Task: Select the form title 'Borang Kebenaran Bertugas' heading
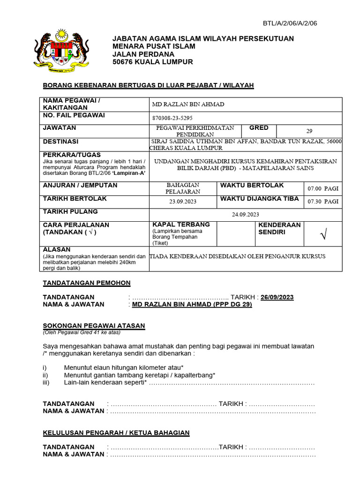coord(148,85)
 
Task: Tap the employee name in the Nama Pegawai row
coord(188,105)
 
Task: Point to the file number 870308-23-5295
coord(172,118)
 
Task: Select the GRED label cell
coord(259,128)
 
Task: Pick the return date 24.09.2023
coord(246,214)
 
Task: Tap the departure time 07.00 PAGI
coord(322,189)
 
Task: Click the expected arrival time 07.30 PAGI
coord(322,202)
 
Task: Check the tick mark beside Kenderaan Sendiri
coord(323,235)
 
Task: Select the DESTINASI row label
coord(60,142)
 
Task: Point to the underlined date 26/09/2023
coord(277,297)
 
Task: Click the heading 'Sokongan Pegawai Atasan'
coord(94,326)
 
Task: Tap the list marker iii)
coord(45,383)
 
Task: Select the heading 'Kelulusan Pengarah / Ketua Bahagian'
coord(116,433)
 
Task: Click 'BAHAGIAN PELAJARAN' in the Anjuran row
coord(183,188)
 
